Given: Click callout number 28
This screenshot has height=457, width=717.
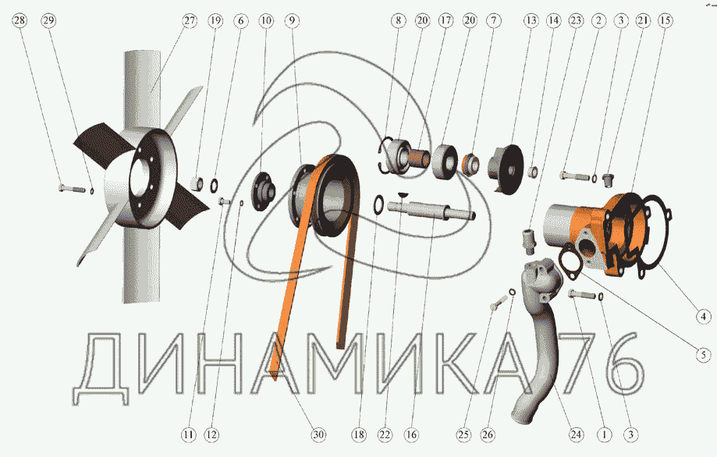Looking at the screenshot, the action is [20, 20].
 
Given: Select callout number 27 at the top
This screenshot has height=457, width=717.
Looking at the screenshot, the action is [190, 20].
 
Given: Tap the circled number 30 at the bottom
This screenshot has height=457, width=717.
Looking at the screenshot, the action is [319, 434].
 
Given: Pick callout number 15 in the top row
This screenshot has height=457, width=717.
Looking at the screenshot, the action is [666, 20].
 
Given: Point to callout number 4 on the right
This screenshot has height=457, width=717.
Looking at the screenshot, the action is [703, 317].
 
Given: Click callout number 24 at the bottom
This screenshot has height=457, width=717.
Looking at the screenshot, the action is [576, 434].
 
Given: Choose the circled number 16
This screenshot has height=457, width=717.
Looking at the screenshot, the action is [411, 434].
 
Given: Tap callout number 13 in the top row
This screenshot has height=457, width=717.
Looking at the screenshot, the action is [531, 20].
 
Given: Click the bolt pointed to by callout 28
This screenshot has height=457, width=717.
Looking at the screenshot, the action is [72, 188].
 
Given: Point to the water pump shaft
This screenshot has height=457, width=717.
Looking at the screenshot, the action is [431, 211].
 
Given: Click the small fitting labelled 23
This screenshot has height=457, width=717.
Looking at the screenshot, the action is [529, 241].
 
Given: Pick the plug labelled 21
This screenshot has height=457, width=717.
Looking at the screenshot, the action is [608, 179].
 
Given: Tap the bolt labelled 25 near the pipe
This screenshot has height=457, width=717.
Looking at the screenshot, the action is [498, 303].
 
